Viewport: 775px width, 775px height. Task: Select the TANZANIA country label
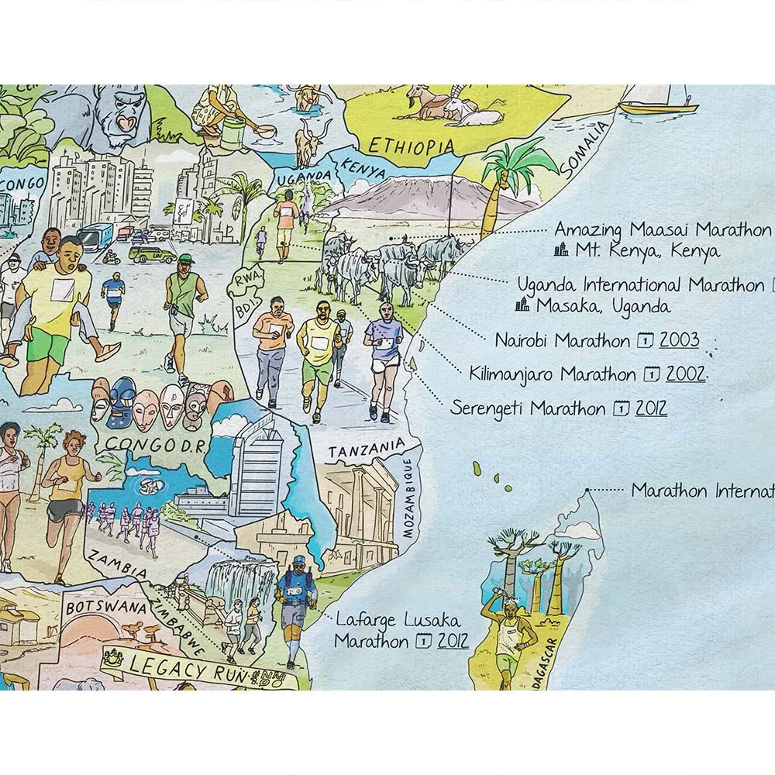point(366,449)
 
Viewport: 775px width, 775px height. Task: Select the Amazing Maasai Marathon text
point(663,230)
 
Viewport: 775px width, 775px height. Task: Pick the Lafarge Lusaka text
point(398,621)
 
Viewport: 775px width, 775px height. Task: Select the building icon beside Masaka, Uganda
point(522,305)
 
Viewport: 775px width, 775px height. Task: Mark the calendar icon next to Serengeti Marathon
point(622,408)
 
